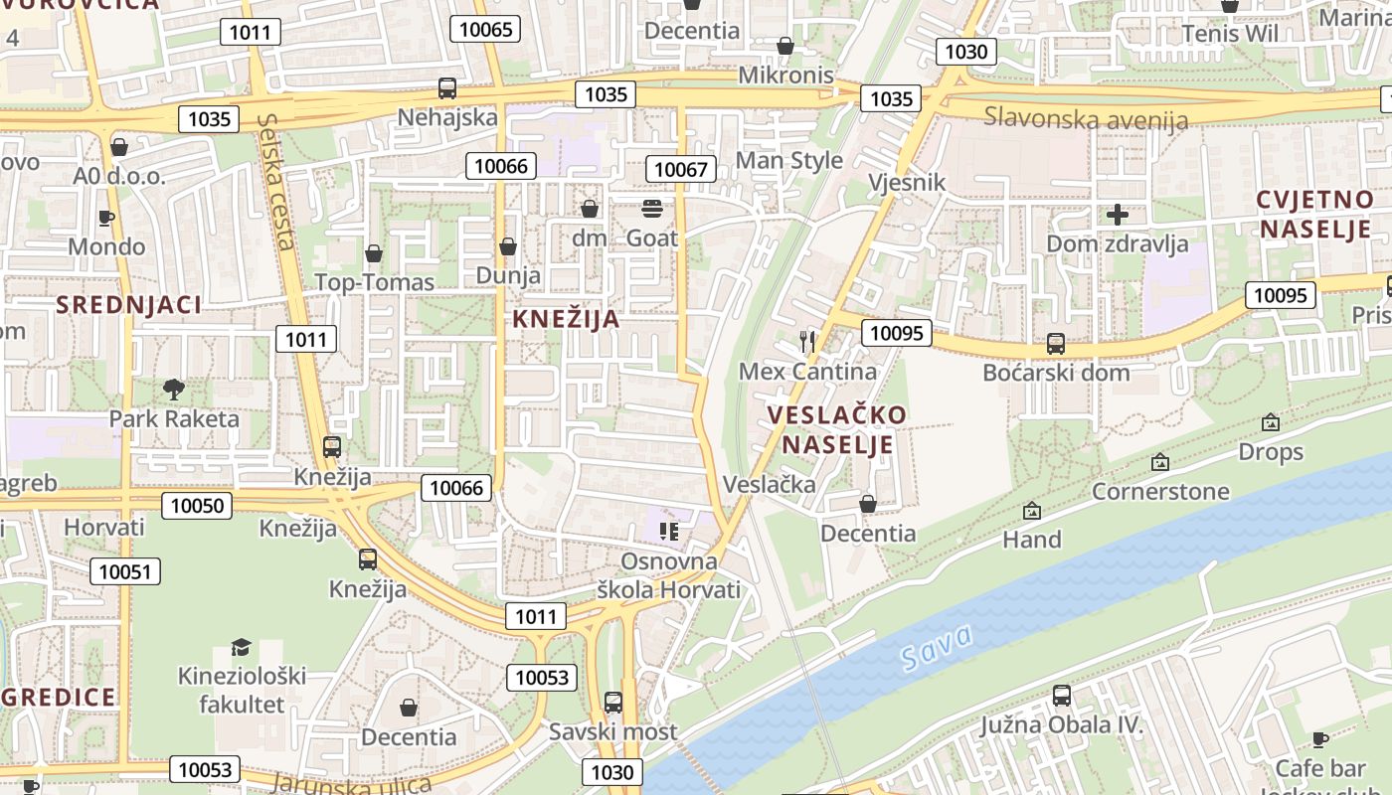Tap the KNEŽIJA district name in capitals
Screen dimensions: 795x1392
click(566, 319)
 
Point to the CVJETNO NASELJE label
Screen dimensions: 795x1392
click(1313, 215)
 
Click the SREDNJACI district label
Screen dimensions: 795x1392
click(128, 305)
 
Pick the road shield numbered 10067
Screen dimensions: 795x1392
click(681, 169)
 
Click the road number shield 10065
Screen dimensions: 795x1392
click(486, 29)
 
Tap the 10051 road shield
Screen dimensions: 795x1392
click(125, 571)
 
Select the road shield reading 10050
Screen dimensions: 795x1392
click(197, 506)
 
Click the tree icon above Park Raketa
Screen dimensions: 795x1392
click(174, 389)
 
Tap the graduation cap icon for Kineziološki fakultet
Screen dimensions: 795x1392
click(241, 648)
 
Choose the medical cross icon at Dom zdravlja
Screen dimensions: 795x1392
click(1118, 215)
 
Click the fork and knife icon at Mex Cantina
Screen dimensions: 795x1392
click(807, 342)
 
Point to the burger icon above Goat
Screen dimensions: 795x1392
click(652, 209)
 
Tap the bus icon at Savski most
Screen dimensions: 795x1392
click(613, 703)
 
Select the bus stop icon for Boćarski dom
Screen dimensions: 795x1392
click(1056, 344)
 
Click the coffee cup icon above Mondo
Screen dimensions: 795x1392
click(106, 218)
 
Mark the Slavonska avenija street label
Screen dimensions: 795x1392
click(1086, 119)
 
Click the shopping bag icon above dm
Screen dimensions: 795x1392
click(590, 209)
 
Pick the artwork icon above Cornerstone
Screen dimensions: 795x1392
click(1159, 462)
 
